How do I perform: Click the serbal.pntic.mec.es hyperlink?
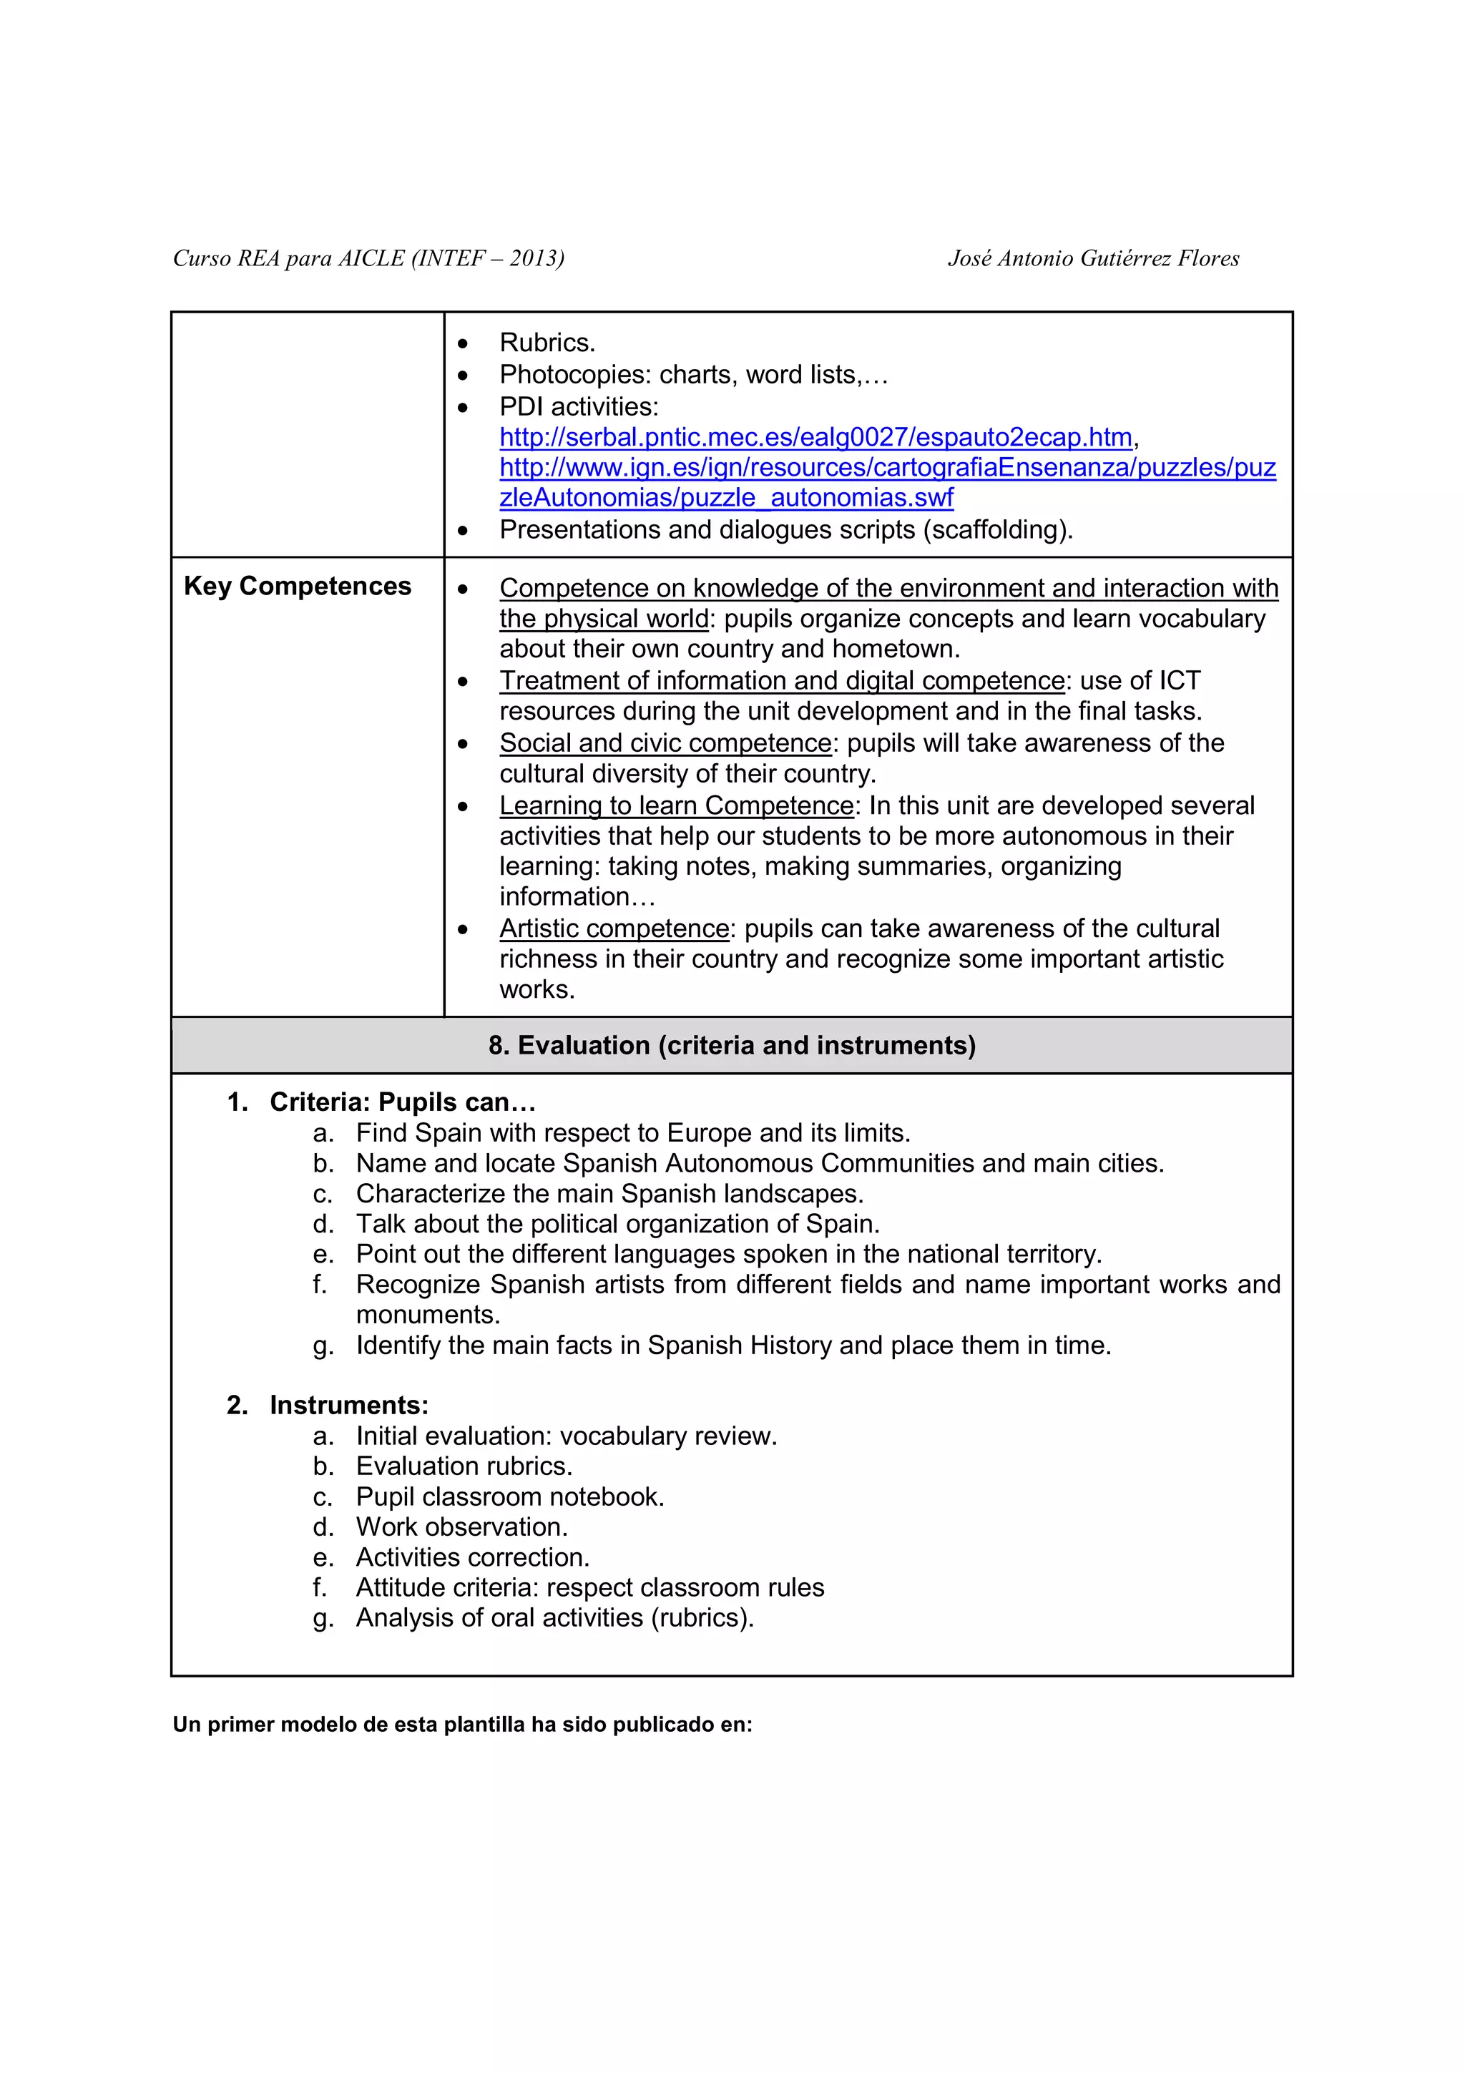[815, 437]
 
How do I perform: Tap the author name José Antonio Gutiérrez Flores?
[1093, 258]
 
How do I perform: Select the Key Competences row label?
[297, 586]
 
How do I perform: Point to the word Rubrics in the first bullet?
[546, 343]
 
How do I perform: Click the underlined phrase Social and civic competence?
[665, 743]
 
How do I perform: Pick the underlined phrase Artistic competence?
[614, 928]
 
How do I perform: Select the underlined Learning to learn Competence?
[676, 805]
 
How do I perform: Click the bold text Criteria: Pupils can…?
[403, 1102]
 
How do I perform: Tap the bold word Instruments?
[348, 1405]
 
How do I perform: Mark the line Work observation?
[461, 1526]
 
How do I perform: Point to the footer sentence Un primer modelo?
[462, 1724]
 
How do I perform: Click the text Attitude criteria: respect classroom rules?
[589, 1587]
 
